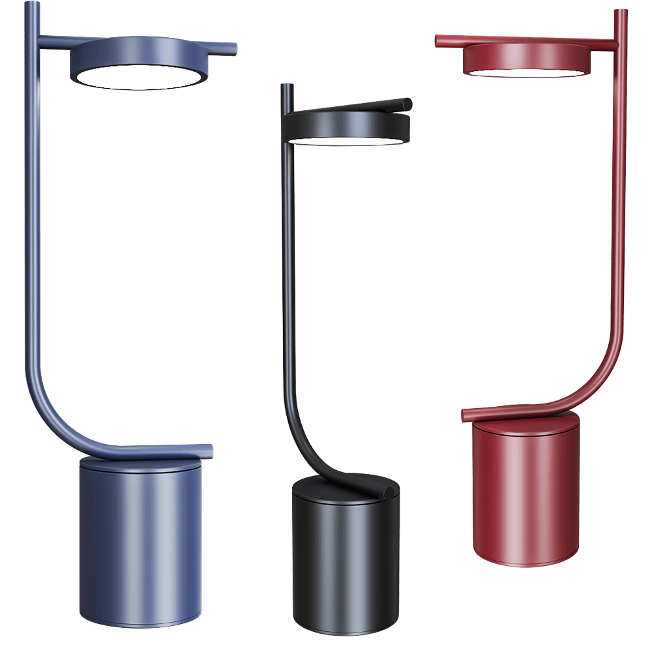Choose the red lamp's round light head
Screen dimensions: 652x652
527,55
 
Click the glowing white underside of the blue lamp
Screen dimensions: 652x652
139,78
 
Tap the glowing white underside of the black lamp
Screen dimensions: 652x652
344,140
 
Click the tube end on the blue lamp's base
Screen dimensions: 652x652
207,450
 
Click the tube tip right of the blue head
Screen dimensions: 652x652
233,48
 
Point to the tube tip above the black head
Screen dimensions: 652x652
407,104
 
